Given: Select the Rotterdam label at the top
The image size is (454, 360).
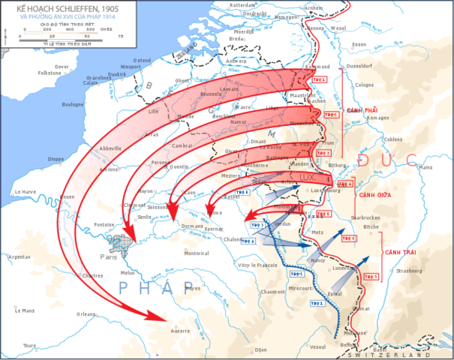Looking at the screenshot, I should point(242,4).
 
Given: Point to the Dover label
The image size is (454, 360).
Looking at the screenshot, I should point(62,67).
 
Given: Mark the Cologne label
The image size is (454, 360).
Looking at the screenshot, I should point(365,85).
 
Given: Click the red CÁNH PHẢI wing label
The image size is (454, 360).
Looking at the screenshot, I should point(361,110).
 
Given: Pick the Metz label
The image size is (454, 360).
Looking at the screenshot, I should point(317,233).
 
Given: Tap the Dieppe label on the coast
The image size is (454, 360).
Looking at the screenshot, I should point(34,159).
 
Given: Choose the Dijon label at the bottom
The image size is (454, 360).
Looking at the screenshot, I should point(260,349).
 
